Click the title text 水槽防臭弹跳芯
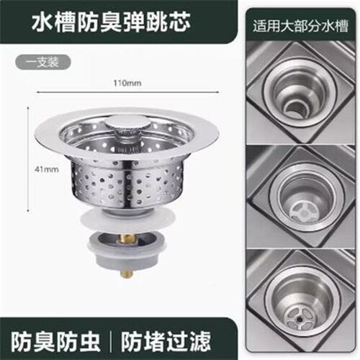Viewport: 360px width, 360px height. pyautogui.click(x=111, y=22)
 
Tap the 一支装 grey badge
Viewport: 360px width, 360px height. pyautogui.click(x=43, y=63)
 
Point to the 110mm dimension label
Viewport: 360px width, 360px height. pyautogui.click(x=127, y=83)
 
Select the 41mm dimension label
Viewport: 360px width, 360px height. pyautogui.click(x=47, y=169)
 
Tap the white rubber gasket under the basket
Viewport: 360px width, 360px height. pyautogui.click(x=127, y=218)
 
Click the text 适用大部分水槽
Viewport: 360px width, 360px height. pyautogui.click(x=300, y=26)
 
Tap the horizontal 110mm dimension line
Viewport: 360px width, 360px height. pyautogui.click(x=127, y=91)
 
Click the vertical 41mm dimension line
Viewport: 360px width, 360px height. pyautogui.click(x=29, y=160)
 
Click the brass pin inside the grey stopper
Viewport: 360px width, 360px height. pyautogui.click(x=127, y=239)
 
